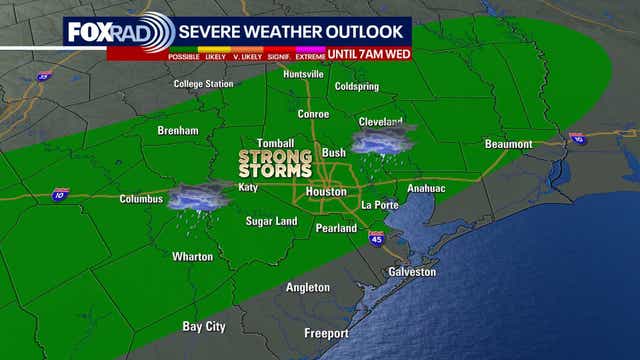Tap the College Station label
click(203, 84)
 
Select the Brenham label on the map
click(179, 131)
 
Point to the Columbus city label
click(141, 199)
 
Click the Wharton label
click(193, 257)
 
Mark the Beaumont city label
click(509, 144)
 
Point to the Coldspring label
click(357, 86)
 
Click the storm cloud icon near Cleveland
click(383, 140)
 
